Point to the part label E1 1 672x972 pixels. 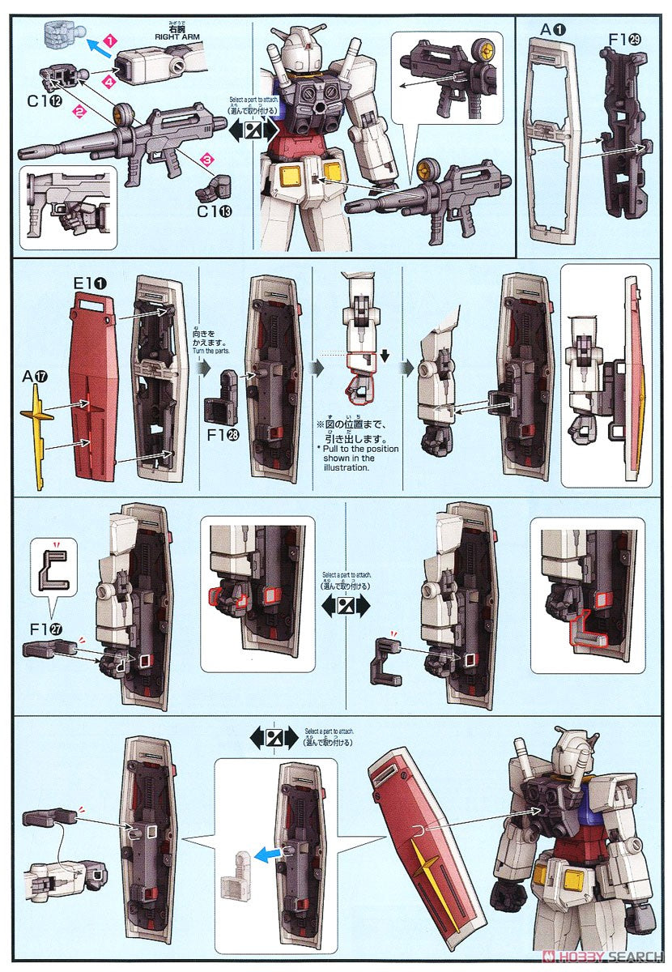88,283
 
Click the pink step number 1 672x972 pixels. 112,38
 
